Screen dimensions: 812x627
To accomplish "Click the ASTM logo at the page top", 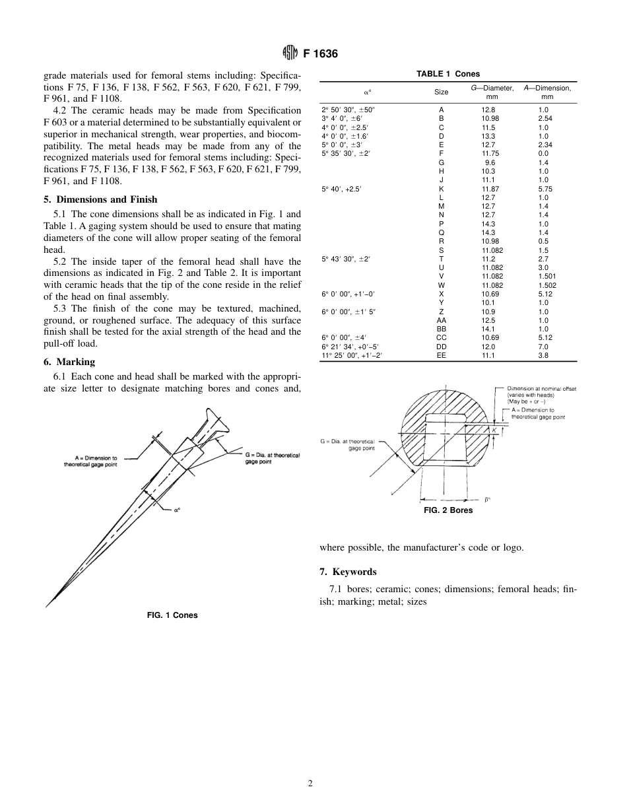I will [x=288, y=53].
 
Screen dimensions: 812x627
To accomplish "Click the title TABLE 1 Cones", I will [x=448, y=74].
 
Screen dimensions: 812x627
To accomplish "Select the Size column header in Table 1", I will [x=441, y=92].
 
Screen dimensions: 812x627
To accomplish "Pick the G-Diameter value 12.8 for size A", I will [x=488, y=110].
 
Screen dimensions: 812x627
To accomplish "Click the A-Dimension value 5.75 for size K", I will [x=544, y=189].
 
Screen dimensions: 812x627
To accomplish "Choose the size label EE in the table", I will [x=441, y=355].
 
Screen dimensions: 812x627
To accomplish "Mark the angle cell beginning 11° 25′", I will [x=351, y=355].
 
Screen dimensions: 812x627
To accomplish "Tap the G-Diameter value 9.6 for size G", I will [x=490, y=162].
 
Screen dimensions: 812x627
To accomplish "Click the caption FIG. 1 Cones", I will [x=172, y=615].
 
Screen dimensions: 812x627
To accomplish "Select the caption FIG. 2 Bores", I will [x=448, y=510].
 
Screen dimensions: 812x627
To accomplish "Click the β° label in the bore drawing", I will [x=487, y=500].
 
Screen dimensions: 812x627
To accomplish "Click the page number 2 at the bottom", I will [x=310, y=784].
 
